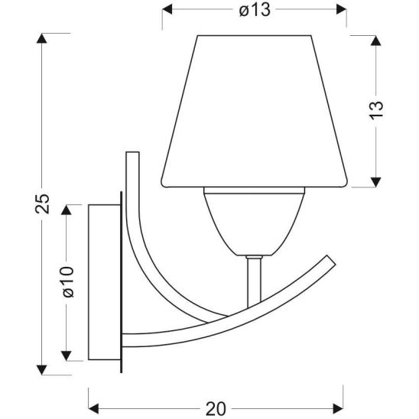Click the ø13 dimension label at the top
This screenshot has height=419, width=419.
click(255, 11)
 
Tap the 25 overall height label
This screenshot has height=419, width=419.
click(42, 203)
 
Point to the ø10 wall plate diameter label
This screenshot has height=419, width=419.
click(67, 281)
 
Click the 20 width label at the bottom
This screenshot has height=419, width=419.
click(216, 408)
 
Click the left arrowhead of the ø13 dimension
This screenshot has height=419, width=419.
click(167, 9)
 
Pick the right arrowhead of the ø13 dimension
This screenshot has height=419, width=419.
click(342, 9)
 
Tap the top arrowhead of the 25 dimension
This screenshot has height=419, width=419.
click(42, 38)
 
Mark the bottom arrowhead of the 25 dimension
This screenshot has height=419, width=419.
click(42, 369)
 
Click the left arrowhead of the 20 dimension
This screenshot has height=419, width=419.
click(93, 408)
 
